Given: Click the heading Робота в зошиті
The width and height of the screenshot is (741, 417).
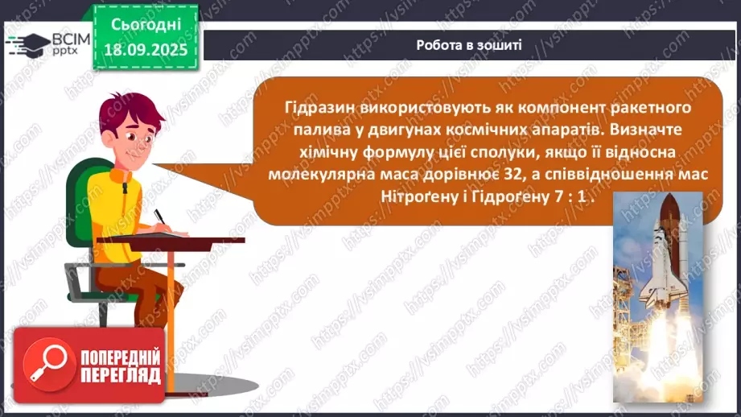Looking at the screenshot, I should point(469,45).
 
